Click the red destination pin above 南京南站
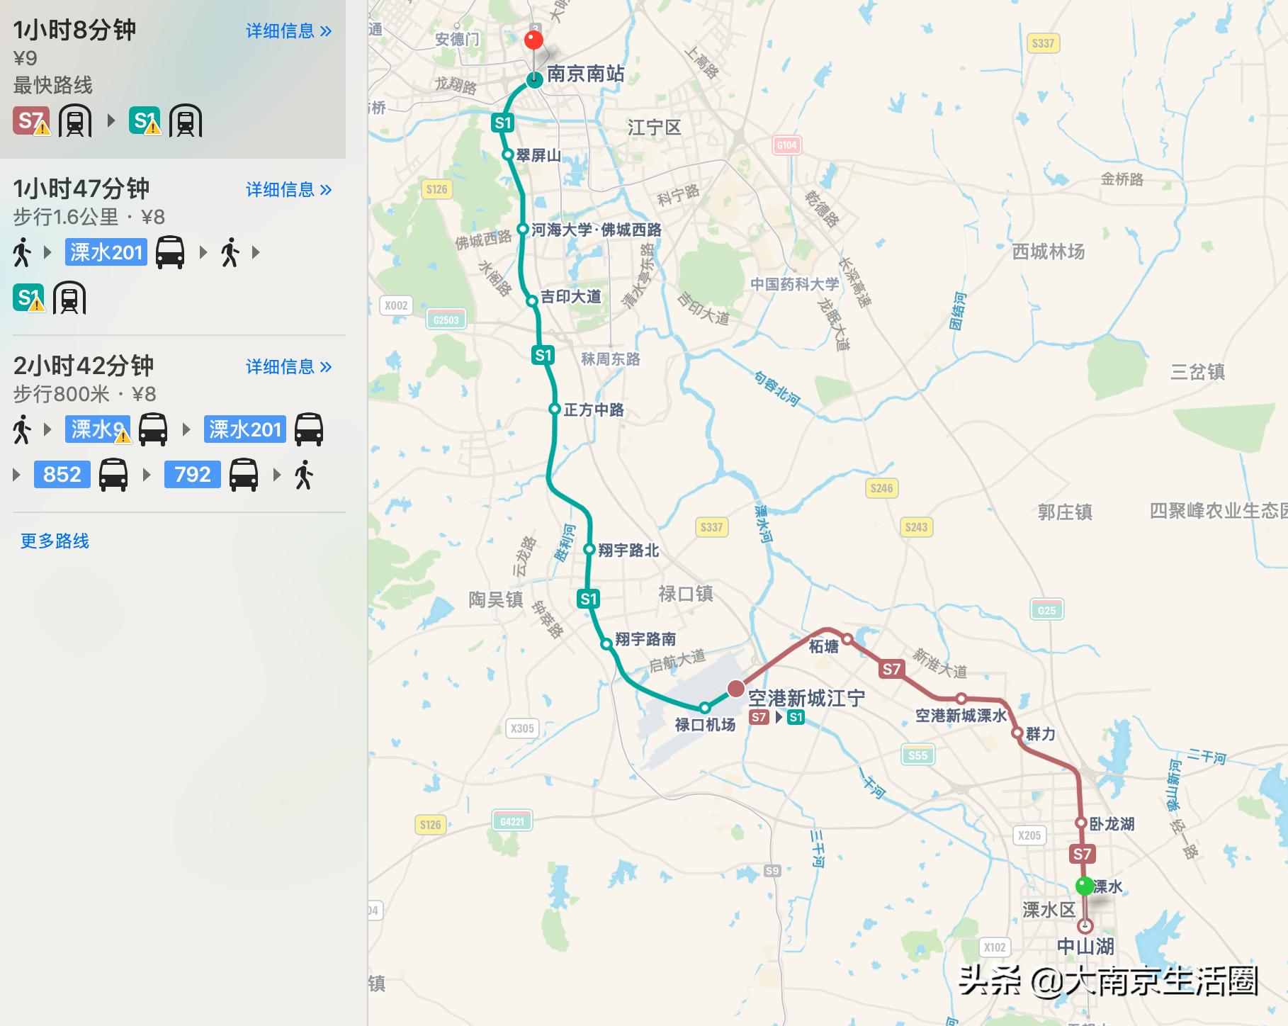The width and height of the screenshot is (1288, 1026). (533, 40)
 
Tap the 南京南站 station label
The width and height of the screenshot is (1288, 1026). (585, 74)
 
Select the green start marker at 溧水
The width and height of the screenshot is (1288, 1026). (1085, 886)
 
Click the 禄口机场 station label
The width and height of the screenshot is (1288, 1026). (705, 725)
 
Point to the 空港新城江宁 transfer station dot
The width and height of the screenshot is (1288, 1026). (736, 689)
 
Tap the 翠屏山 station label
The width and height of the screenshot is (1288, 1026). (538, 155)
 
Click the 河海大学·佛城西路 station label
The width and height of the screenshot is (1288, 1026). (596, 230)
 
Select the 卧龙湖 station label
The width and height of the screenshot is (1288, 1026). (1112, 824)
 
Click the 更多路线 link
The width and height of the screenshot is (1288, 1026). (55, 541)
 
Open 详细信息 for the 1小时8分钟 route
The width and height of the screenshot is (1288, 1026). (288, 31)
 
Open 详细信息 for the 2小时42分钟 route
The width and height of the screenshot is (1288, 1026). (288, 367)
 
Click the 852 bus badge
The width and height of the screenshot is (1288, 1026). (62, 474)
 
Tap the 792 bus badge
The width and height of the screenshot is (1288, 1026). (193, 474)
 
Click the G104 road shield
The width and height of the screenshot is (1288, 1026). (786, 145)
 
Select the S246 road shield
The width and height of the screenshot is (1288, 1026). (881, 488)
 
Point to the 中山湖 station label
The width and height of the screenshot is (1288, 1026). (1085, 947)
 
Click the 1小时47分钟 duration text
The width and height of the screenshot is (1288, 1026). (81, 189)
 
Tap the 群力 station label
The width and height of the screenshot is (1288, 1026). (1041, 734)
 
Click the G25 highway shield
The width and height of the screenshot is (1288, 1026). (1046, 610)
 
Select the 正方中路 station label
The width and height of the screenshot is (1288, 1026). (594, 410)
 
